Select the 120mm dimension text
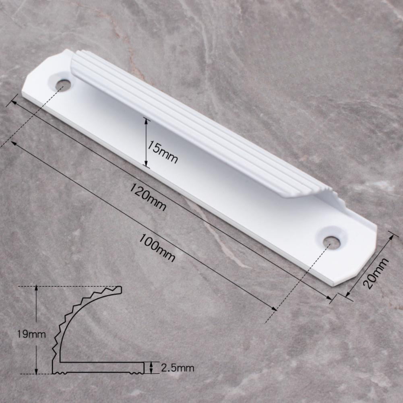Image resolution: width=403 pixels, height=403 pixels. pos(148,197)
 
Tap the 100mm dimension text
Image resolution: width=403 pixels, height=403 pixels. pos(157,248)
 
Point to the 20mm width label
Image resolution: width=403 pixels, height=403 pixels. pos(376,274)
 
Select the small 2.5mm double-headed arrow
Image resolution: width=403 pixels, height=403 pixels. pos(151,367)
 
